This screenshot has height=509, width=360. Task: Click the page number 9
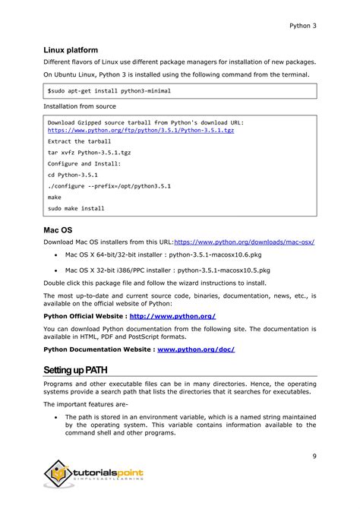coord(314,456)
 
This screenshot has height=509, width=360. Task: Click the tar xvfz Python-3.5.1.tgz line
coord(89,152)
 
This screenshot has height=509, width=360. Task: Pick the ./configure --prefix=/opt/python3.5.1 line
coord(109,185)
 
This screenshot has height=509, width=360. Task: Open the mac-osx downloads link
coord(244,242)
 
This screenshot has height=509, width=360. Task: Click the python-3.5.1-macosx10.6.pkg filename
coord(220,254)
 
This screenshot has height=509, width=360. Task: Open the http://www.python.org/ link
coord(173,315)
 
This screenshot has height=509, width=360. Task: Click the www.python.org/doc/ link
coord(195,349)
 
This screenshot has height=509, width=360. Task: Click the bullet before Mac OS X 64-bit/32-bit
coord(57,255)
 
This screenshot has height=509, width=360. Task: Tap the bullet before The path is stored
coord(57,417)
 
